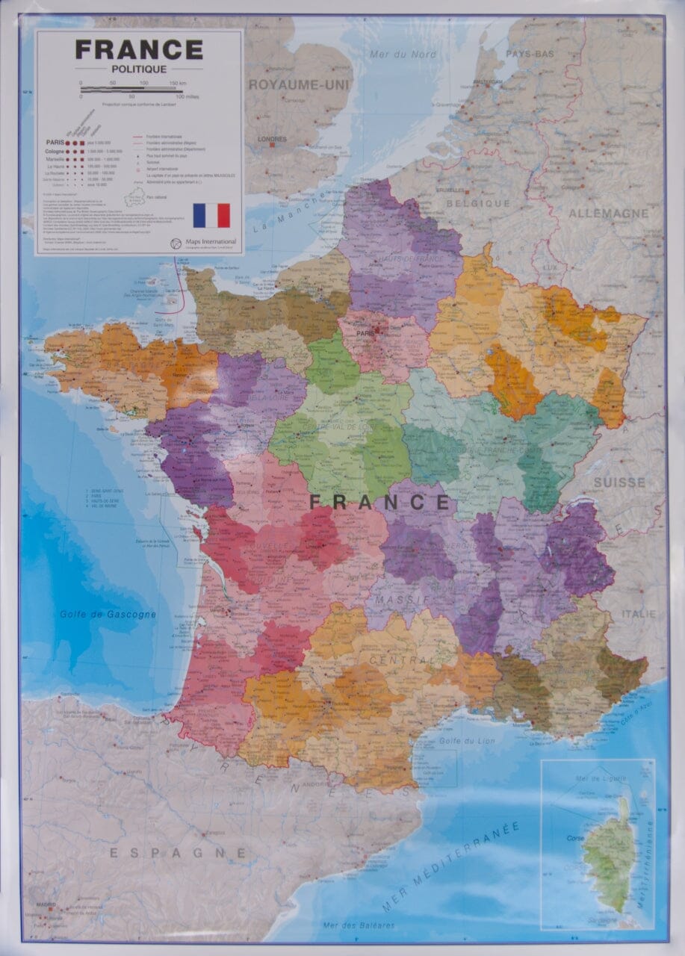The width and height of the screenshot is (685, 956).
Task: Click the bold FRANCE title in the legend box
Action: (x=139, y=50)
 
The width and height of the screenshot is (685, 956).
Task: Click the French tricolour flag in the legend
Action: (x=211, y=215)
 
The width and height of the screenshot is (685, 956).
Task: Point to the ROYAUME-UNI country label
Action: (x=299, y=84)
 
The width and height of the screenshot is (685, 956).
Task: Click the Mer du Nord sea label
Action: (x=403, y=53)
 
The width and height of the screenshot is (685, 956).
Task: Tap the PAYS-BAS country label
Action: (x=530, y=54)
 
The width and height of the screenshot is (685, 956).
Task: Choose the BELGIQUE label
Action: (x=478, y=202)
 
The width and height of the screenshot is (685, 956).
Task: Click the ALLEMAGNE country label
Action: (x=609, y=214)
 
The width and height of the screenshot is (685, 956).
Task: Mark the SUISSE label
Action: (x=619, y=482)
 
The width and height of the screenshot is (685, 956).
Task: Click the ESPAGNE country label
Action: (x=178, y=852)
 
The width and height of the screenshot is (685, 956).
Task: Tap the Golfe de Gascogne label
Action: (x=108, y=615)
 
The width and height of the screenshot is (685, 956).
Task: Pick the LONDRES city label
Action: (x=272, y=139)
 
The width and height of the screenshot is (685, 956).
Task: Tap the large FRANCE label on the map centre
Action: (x=379, y=502)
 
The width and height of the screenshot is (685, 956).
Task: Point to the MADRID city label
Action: (x=45, y=904)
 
